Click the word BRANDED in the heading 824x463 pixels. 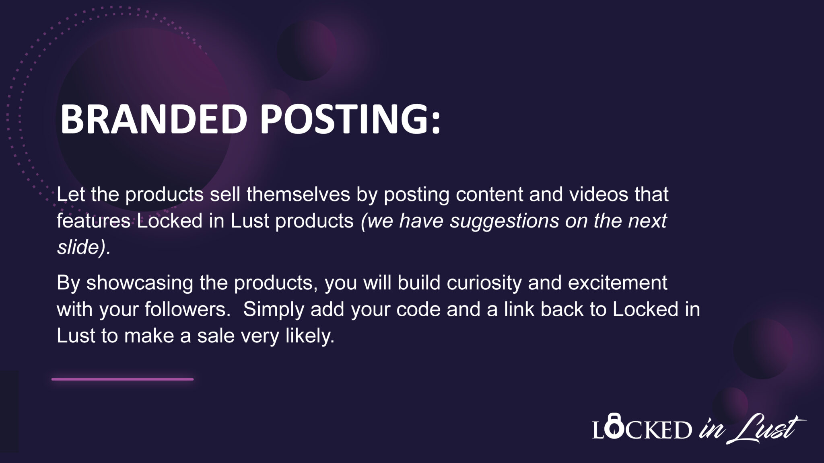click(x=153, y=119)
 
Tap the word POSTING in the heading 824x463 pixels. click(x=345, y=119)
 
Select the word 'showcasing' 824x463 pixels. click(x=140, y=283)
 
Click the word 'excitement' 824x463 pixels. click(x=618, y=283)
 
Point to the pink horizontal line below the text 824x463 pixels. click(x=122, y=379)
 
